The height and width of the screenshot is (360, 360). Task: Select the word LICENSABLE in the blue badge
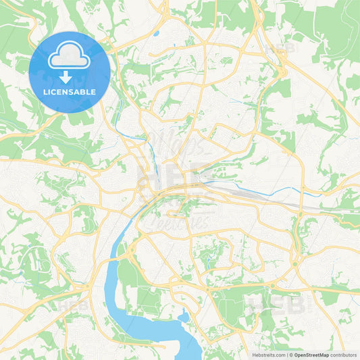[69, 91]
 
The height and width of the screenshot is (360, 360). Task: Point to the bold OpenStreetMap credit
[311, 355]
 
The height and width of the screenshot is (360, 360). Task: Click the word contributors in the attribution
[344, 355]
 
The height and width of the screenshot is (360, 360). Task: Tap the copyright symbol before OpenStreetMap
[290, 355]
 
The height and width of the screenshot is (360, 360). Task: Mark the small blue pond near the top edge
[156, 32]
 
